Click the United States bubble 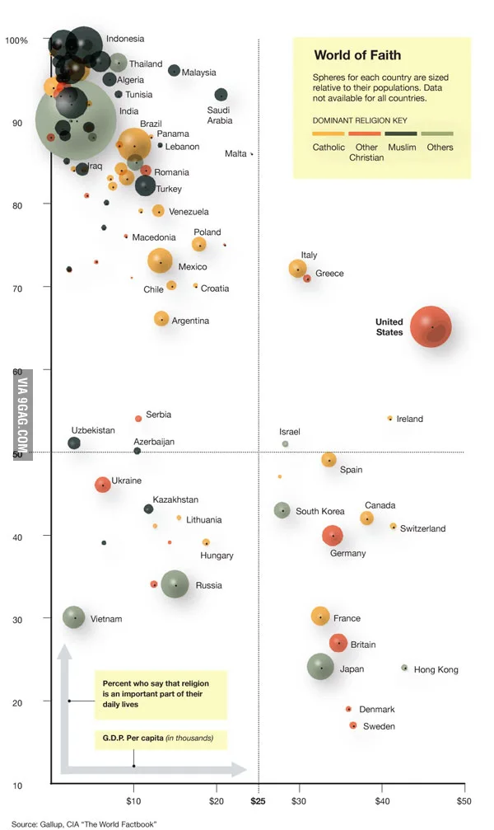coord(431,326)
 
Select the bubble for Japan coord(320,667)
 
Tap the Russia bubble coord(175,584)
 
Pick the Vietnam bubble coord(73,617)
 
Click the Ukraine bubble coord(103,485)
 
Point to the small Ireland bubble coord(390,418)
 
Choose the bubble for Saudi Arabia coord(221,96)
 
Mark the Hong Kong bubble coord(404,668)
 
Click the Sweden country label coord(379,726)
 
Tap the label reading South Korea coord(320,511)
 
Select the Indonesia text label coord(125,39)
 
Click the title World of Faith coord(357,55)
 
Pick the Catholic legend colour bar coord(329,134)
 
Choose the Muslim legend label coord(402,148)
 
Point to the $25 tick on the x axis coord(258,801)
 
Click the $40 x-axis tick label coord(382,801)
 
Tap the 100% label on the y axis coord(16,40)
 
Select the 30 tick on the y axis coord(17,620)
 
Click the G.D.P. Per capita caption coord(157,738)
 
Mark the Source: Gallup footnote coord(84,823)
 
